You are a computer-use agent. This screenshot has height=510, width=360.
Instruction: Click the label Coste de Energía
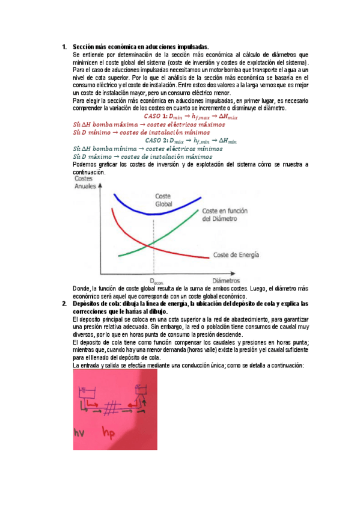coord(237,255)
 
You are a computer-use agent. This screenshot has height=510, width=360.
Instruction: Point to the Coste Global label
coord(164,200)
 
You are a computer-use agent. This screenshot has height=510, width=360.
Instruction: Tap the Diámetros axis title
coord(225,280)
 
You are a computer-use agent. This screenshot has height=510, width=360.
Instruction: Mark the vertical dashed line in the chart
coord(154,247)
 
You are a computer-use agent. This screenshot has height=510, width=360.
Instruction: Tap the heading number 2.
coord(64,303)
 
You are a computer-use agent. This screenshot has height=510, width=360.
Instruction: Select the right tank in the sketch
coord(142,389)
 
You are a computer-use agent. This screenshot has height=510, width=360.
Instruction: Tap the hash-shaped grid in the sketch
coord(110,408)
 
